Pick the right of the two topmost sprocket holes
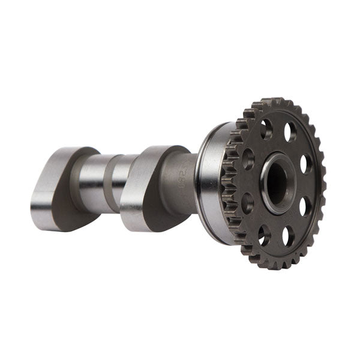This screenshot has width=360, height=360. point(290,131)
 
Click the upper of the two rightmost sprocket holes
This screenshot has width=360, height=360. point(305,164)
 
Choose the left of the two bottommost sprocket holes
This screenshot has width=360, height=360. point(263,234)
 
